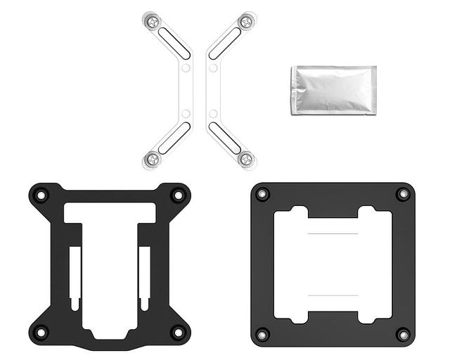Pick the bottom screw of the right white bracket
pyautogui.click(x=245, y=159)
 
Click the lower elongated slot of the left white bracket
pyautogui.click(x=173, y=137)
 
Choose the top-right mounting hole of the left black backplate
pyautogui.click(x=177, y=195)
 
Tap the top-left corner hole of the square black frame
pyautogui.click(x=262, y=194)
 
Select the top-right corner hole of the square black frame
pyautogui.click(x=402, y=194)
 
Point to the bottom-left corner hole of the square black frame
pyautogui.click(x=262, y=334)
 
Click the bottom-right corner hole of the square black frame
pyautogui.click(x=402, y=334)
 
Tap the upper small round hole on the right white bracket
pyautogui.click(x=212, y=68)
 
